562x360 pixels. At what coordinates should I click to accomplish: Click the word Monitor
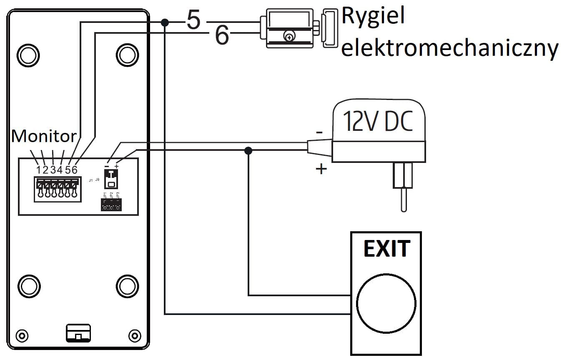pos(44,137)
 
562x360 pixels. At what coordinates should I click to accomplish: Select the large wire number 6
pos(222,36)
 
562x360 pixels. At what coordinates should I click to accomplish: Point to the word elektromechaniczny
pos(449,48)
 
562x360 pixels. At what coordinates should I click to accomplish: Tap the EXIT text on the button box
pos(386,249)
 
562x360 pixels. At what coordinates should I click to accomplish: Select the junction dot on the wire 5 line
pos(165,22)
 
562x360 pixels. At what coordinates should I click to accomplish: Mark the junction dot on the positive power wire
pos(248,150)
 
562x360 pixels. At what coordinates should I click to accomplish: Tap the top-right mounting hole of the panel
pos(127,54)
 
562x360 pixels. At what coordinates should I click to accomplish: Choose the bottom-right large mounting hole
pos(127,286)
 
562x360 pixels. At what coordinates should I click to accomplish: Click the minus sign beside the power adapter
pos(319,132)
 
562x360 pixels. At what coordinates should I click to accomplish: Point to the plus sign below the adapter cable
pos(321,169)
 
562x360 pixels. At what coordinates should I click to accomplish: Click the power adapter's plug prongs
pos(402,183)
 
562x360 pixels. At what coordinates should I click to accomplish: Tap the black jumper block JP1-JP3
pos(110,205)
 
